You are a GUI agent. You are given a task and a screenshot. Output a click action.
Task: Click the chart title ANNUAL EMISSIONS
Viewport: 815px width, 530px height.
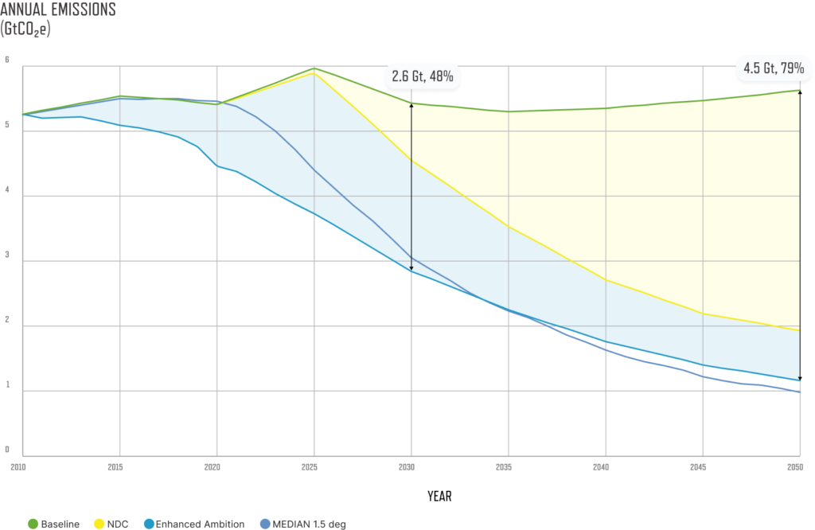tap(59, 10)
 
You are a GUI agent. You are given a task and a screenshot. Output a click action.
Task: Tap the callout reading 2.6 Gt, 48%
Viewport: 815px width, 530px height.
tap(423, 76)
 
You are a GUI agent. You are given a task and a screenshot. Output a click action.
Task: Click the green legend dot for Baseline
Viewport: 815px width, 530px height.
tap(33, 523)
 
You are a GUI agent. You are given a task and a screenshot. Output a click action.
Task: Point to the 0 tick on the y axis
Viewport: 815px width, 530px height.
tap(7, 450)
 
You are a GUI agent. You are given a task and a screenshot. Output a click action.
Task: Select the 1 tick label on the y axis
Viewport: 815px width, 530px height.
tap(7, 385)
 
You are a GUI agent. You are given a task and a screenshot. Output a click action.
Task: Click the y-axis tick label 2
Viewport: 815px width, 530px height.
tap(7, 320)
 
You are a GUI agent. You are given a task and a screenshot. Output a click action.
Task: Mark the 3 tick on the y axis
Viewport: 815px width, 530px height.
tap(7, 255)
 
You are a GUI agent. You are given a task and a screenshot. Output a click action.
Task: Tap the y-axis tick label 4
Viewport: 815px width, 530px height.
tap(7, 190)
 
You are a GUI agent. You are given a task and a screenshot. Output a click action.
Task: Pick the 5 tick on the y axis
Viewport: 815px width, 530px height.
tap(7, 125)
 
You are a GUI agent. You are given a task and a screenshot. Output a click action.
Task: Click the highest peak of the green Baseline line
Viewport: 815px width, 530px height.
tap(314, 68)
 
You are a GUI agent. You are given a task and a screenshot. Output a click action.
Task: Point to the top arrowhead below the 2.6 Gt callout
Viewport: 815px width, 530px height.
tap(411, 104)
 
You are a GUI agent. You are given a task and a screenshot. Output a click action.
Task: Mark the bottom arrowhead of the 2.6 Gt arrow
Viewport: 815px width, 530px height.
tap(411, 268)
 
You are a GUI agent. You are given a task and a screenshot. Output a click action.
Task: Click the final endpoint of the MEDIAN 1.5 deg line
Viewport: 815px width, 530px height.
tap(798, 392)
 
